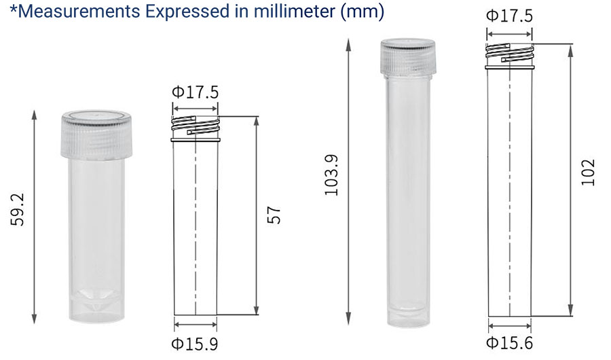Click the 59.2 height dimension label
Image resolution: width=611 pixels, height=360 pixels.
18,209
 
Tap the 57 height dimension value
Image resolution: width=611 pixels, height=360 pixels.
274,215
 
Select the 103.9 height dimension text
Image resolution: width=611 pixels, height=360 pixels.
331,175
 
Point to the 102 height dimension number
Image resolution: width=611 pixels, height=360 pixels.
588,173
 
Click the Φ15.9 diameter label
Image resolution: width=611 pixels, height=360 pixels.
195,344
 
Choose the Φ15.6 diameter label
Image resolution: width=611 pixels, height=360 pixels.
509,343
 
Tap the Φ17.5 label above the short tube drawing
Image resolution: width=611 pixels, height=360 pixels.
196,92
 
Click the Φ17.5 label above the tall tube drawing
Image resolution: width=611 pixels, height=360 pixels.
509,16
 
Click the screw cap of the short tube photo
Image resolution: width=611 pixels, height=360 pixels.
96,135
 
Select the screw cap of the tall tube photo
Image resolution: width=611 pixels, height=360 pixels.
408,57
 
